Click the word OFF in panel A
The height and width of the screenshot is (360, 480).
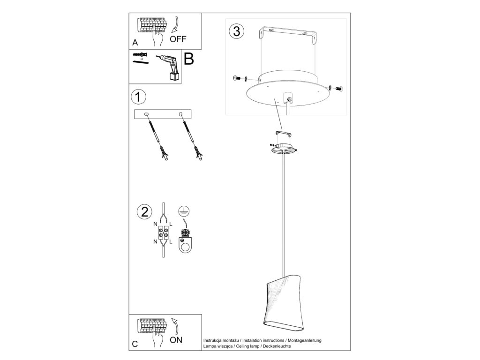pyautogui.click(x=178, y=39)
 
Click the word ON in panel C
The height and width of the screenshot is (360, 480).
pyautogui.click(x=176, y=340)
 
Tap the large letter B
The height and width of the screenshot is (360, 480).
pyautogui.click(x=188, y=59)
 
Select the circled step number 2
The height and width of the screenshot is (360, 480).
pyautogui.click(x=143, y=211)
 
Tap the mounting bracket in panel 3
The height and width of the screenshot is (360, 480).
pyautogui.click(x=289, y=35)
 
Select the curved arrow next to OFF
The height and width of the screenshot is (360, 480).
pyautogui.click(x=176, y=24)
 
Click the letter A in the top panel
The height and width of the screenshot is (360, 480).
pyautogui.click(x=135, y=42)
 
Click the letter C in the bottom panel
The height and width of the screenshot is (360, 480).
pyautogui.click(x=135, y=344)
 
